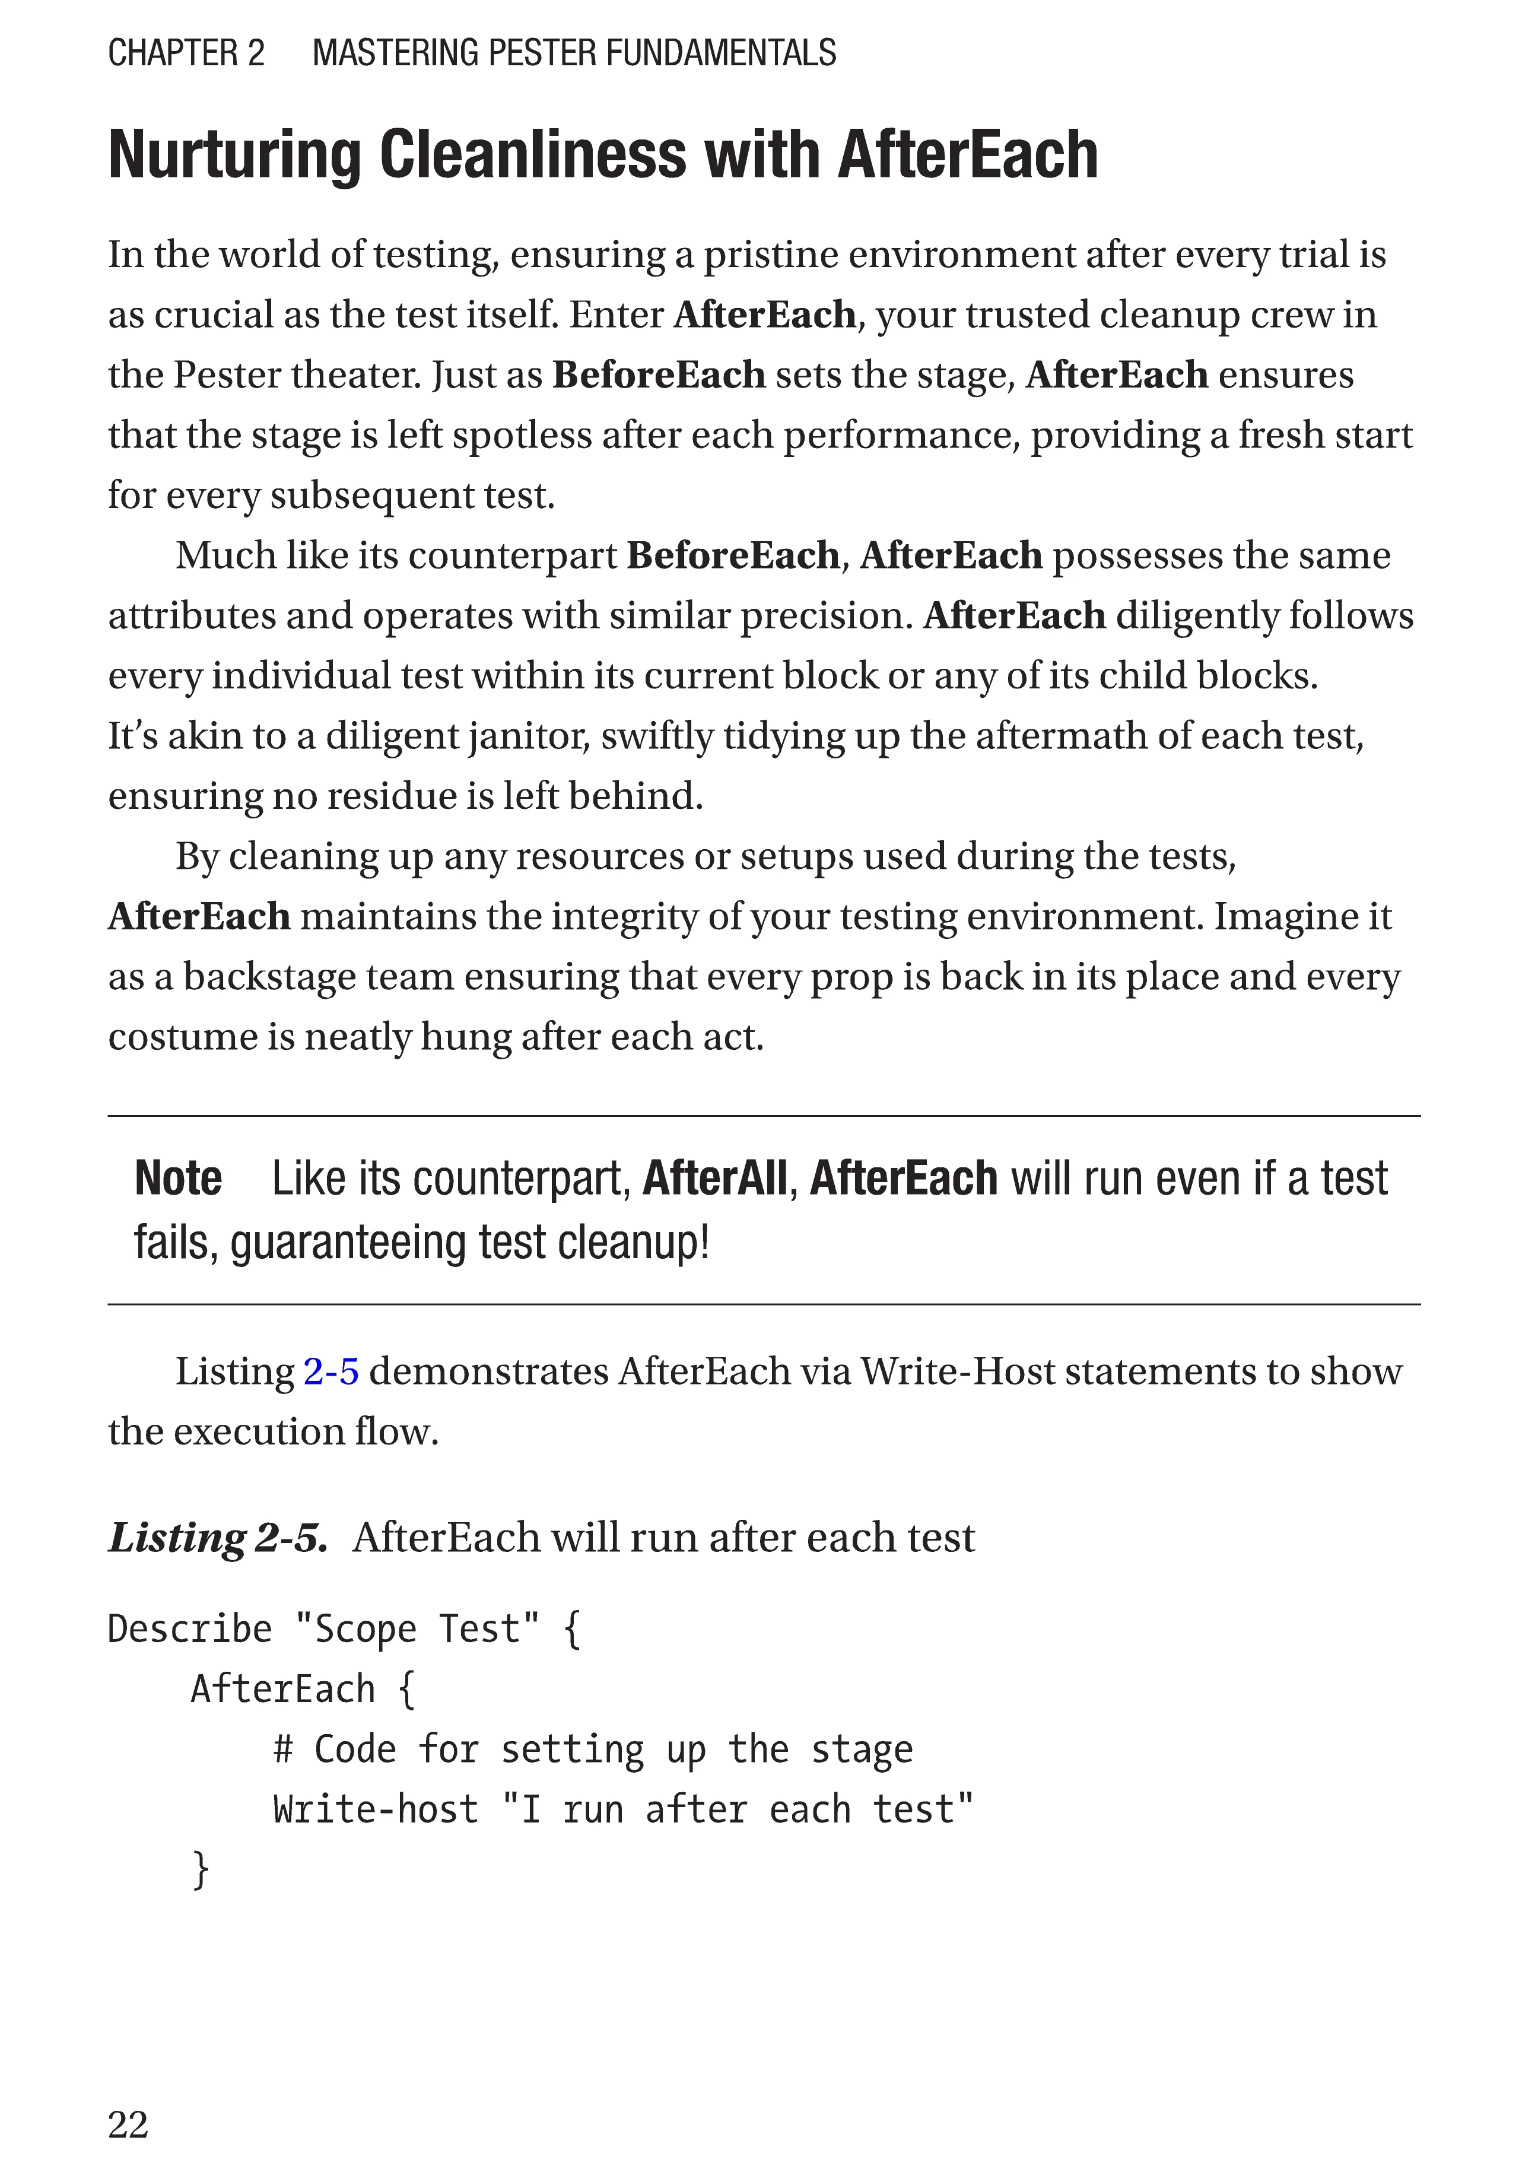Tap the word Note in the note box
click(178, 1179)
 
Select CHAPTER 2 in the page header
click(186, 53)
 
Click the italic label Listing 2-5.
click(218, 1538)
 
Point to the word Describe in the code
click(189, 1630)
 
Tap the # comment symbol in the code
click(282, 1749)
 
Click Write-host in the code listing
click(375, 1809)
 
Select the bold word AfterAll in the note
click(714, 1179)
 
